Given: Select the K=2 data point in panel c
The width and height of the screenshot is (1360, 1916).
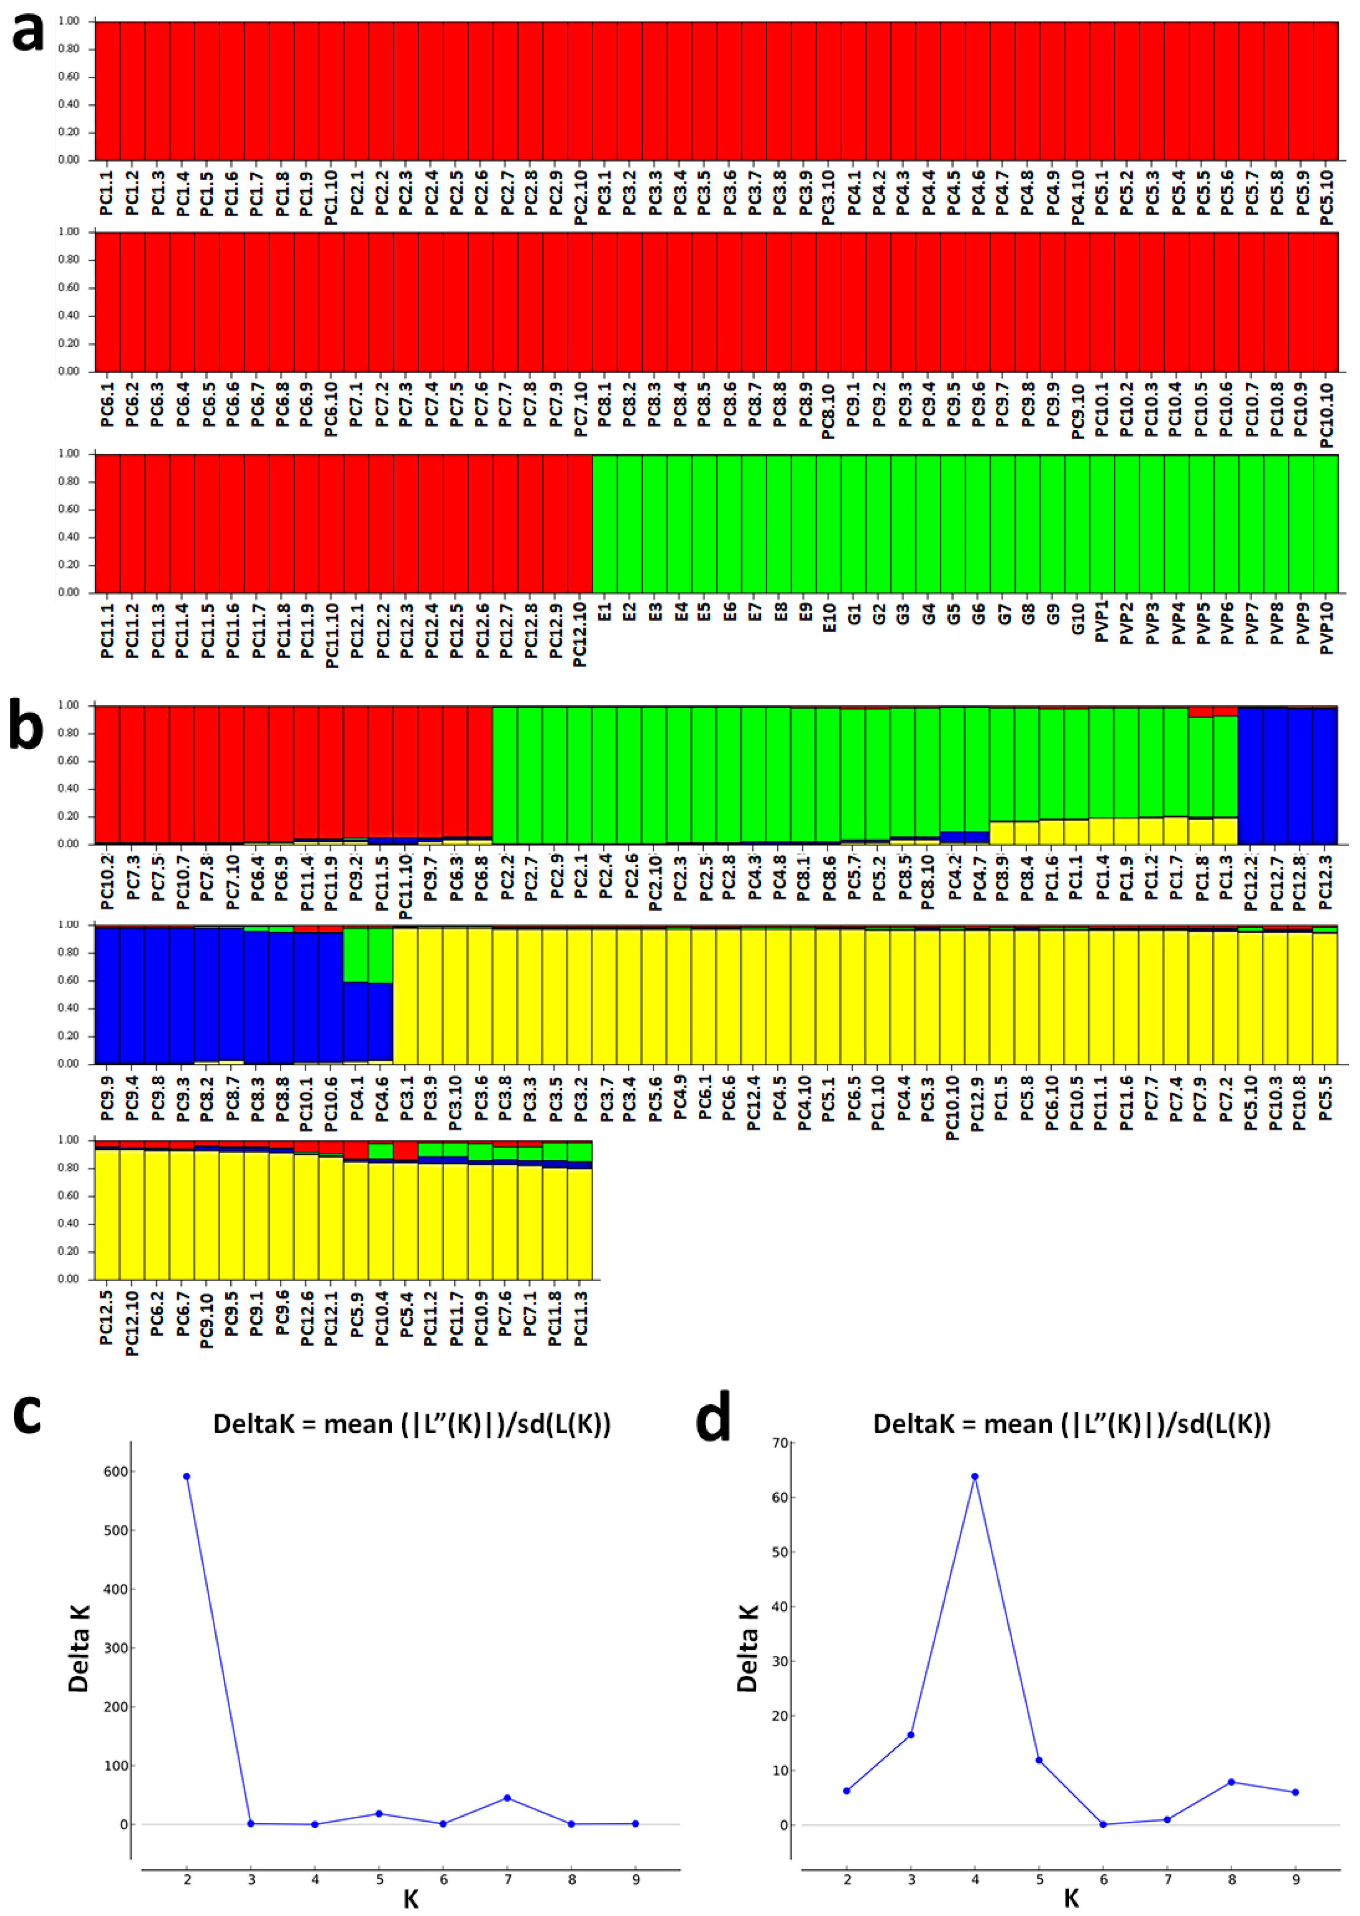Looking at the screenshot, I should [x=187, y=1476].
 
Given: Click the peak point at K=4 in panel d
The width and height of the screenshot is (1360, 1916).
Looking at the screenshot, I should [x=975, y=1476].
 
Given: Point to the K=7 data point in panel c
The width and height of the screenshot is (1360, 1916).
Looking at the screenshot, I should [x=507, y=1798].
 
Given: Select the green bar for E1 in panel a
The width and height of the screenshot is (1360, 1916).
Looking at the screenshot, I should [x=604, y=524].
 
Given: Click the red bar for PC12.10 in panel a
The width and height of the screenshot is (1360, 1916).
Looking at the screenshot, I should [x=579, y=524].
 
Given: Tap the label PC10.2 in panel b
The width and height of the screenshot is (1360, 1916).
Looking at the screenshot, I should [x=107, y=880].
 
